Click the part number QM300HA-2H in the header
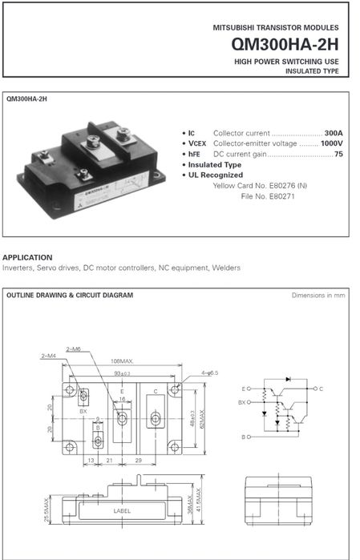287,45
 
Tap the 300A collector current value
333,131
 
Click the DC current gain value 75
338,153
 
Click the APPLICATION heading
27,257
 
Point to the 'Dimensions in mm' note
318,295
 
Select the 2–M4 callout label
49,355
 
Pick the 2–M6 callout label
74,349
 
